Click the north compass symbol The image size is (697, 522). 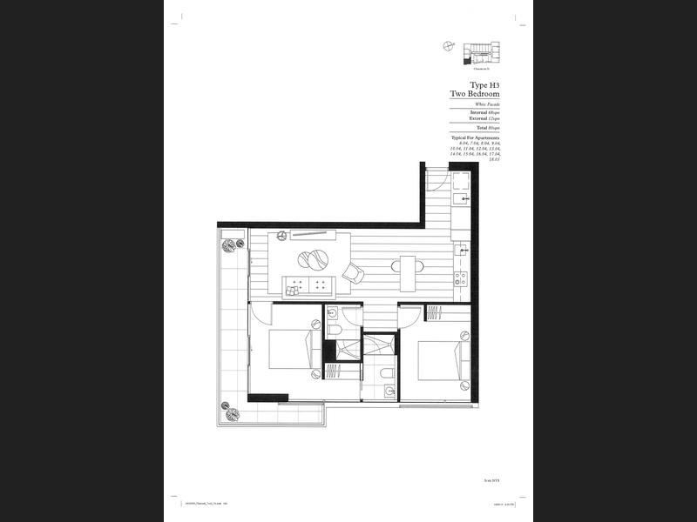(448, 48)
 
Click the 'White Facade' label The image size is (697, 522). (487, 104)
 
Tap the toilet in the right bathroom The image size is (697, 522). (385, 375)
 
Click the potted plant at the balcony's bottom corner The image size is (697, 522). (231, 409)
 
